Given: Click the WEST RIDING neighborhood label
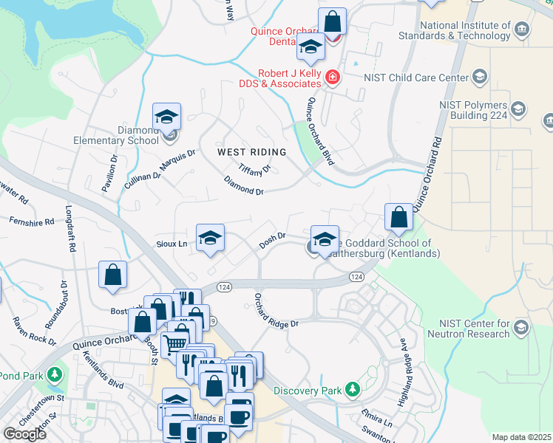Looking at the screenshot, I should coord(251,152).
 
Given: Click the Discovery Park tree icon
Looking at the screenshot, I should coord(353,389).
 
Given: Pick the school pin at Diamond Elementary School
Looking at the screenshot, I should coord(167,117).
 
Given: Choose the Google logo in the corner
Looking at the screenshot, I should coord(25,434).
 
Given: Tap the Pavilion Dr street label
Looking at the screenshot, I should coord(109,174).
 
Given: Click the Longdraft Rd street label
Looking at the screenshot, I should coord(72,230).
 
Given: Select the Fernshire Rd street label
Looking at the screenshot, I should coord(32,221).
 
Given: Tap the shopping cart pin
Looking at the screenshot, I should coord(175,343).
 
